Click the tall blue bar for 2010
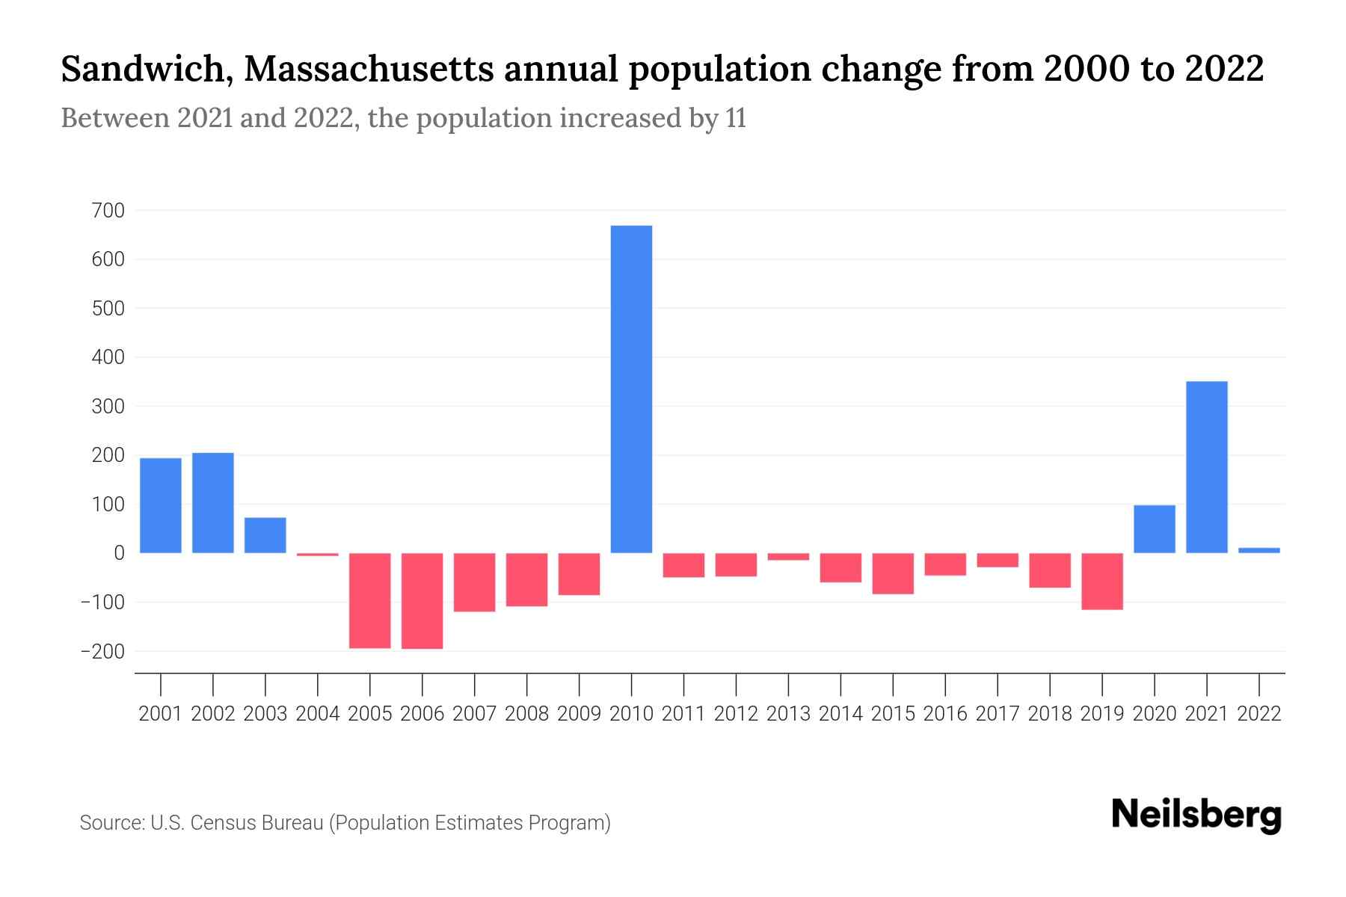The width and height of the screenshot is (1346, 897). pos(631,389)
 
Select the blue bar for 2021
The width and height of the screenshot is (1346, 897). pos(1206,467)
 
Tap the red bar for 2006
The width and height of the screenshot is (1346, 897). pos(422,601)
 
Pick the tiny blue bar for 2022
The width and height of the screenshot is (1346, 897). pos(1259,550)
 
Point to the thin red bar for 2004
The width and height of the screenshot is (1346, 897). pos(317,555)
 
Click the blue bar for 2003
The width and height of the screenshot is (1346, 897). pos(265,535)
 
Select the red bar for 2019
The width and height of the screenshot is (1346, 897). pos(1101,582)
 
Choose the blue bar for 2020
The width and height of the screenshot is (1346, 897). pos(1154,529)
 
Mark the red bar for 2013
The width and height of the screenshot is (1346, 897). pos(788,557)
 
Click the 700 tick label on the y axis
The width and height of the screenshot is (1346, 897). pos(108,211)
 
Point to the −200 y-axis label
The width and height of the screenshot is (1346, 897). pos(102,652)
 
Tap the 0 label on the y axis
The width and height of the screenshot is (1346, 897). pos(119,553)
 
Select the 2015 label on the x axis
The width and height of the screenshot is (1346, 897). pos(892,714)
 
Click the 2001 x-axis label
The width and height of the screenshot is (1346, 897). pos(160,714)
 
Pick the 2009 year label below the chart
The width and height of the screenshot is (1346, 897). pos(579,714)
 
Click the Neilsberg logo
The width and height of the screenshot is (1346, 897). pos(1196,816)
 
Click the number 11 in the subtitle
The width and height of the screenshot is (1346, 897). pos(736,119)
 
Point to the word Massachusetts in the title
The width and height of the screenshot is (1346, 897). pos(368,70)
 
